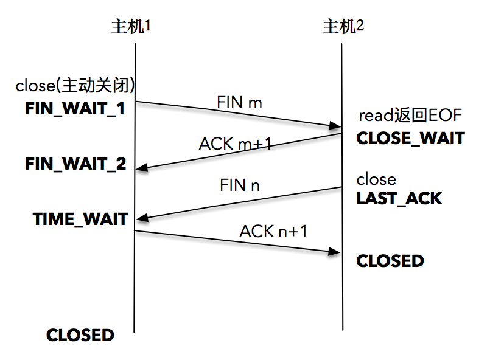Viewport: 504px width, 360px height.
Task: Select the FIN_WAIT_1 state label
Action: click(75, 109)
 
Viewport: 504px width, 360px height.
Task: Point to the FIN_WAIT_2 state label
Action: click(76, 164)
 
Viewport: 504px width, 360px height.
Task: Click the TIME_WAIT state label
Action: click(80, 219)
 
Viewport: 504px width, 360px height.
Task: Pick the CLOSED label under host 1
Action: click(80, 335)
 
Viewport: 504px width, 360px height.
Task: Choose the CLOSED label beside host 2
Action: click(390, 261)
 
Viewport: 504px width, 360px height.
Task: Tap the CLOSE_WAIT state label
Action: click(410, 139)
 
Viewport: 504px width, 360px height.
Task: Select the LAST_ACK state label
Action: click(399, 198)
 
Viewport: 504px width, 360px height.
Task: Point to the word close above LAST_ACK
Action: click(376, 179)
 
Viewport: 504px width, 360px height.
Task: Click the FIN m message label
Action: click(239, 103)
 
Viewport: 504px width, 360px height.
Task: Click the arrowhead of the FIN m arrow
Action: click(335, 126)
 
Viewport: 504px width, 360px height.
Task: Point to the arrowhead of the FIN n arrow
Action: click(141, 219)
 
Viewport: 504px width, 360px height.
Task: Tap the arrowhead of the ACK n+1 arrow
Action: click(335, 251)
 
